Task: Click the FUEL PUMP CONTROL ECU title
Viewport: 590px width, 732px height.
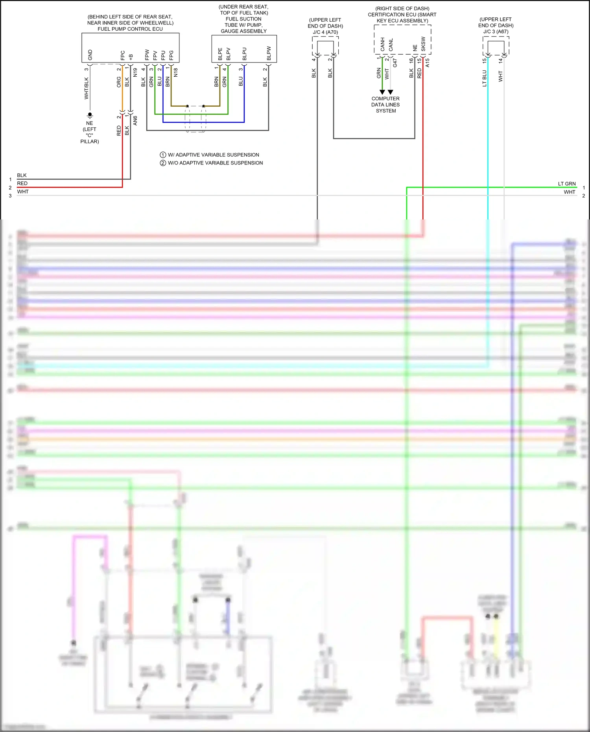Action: tap(130, 29)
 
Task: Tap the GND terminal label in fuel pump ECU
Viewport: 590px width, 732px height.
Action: tap(90, 55)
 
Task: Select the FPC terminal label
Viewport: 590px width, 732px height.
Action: tap(123, 55)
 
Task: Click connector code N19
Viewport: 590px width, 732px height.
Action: tap(135, 72)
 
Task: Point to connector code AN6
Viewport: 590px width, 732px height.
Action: tap(135, 120)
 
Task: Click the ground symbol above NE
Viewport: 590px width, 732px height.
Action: tap(90, 115)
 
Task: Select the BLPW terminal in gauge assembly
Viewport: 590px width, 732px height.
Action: tap(269, 53)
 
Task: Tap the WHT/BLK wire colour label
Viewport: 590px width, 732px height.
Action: tap(86, 88)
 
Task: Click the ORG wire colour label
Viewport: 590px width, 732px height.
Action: tap(119, 82)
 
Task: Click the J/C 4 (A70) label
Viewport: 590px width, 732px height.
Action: tap(325, 32)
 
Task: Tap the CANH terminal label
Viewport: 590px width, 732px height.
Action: tap(382, 44)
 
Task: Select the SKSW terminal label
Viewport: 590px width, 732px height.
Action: tap(423, 44)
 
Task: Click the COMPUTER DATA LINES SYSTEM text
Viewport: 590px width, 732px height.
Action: tap(385, 105)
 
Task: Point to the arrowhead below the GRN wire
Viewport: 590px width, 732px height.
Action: tap(382, 92)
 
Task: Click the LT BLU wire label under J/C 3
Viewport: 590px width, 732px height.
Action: tap(484, 78)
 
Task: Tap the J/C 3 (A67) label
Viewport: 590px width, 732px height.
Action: tap(496, 31)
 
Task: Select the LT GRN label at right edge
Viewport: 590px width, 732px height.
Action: tap(566, 184)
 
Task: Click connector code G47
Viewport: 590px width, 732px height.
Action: tap(395, 63)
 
